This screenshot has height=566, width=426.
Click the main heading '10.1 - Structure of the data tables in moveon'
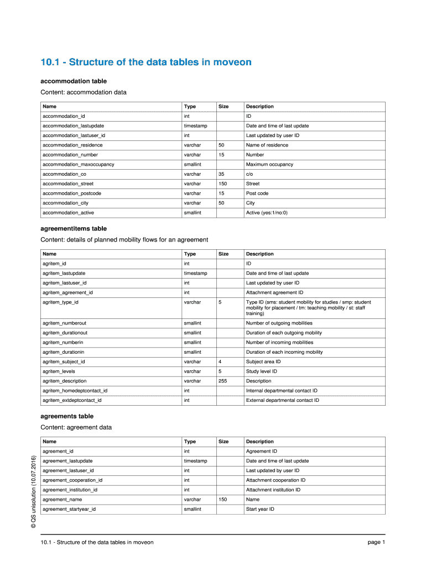pos(146,62)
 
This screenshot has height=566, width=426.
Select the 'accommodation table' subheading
pos(74,81)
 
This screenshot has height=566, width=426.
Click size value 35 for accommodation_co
pos(221,174)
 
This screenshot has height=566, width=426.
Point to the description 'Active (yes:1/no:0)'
pos(267,213)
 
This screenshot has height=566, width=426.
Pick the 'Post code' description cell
pos(257,193)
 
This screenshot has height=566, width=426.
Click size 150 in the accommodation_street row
pos(223,184)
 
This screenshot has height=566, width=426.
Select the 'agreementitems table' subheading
pos(74,229)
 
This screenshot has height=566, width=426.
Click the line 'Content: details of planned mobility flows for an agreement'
pos(124,240)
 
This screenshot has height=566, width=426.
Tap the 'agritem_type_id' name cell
pos(60,302)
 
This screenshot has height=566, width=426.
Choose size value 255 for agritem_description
pos(223,381)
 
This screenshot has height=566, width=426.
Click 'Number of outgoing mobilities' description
pos(279,323)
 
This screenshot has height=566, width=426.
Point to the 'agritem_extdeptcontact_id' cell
pos(72,401)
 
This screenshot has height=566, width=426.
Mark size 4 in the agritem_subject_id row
pos(220,362)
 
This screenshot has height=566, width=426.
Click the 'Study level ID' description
pos(262,371)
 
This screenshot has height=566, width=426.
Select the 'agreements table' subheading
pos(67,416)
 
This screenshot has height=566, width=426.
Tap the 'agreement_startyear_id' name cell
pos(69,509)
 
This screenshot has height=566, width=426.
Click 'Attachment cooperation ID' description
pos(276,480)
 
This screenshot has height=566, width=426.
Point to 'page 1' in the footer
pos(376,542)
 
